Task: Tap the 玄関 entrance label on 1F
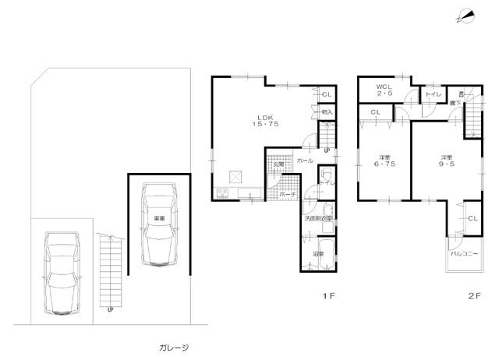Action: click(278, 164)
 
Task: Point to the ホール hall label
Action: click(306, 161)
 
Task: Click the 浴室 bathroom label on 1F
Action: click(319, 254)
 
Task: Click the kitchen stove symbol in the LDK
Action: click(221, 192)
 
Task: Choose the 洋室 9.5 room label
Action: click(446, 161)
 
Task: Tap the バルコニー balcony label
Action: click(462, 253)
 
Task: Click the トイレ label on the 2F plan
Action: click(430, 94)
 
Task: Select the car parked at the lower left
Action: click(60, 269)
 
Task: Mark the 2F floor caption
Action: click(473, 296)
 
